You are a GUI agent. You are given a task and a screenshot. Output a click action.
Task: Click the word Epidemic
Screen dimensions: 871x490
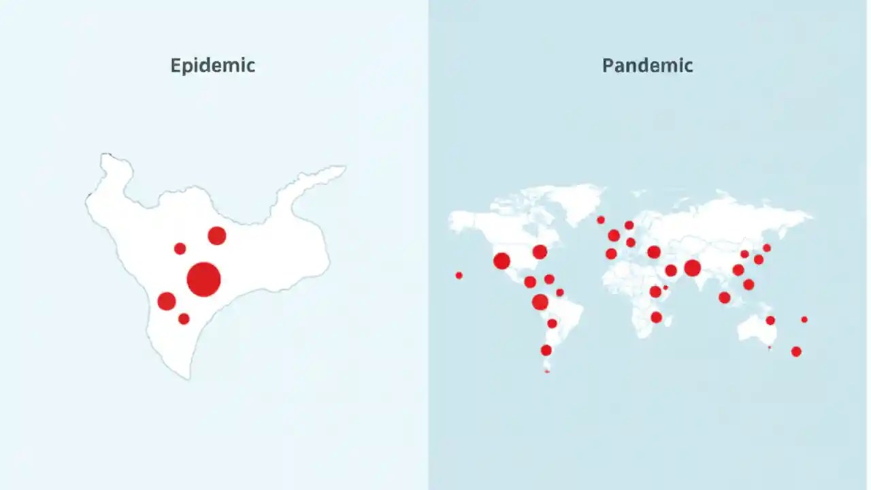coord(213,66)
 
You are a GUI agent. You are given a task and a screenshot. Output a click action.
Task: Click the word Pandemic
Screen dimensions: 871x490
coord(647,66)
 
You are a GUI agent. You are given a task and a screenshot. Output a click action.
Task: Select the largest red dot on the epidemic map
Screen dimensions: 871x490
coord(203,279)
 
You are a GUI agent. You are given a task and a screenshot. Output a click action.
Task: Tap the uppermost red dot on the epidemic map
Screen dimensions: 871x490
coord(216,235)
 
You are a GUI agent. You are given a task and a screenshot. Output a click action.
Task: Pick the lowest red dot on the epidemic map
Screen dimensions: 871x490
coord(184,318)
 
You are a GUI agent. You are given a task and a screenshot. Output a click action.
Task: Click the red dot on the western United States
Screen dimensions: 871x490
coord(502,261)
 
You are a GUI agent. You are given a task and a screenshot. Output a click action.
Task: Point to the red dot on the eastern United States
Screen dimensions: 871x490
coord(540,252)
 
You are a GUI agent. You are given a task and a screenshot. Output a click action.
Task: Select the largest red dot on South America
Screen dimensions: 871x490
coord(540,302)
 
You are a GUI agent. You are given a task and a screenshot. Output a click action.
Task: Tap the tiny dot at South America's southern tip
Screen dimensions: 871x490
coord(547,371)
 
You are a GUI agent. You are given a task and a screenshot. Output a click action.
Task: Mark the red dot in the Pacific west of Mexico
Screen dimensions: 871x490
coord(459,276)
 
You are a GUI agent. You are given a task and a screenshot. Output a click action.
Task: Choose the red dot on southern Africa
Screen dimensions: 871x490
coord(656,317)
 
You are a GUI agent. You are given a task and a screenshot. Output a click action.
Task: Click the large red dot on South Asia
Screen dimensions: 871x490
coord(692,267)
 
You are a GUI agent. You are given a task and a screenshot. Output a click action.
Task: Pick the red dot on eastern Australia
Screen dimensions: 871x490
coord(770,321)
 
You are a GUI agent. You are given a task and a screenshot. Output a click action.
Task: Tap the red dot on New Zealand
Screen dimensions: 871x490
coord(796,351)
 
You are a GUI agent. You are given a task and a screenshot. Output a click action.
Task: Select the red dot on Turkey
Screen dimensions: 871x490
coord(654,252)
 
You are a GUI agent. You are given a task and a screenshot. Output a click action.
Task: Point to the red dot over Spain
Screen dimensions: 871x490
coord(611,254)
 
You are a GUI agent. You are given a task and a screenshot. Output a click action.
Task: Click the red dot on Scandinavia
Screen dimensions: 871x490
coord(629,225)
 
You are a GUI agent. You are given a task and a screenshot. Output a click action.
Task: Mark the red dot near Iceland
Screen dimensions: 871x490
coord(601,220)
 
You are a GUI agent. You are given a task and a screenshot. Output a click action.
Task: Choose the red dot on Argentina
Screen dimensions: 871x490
coord(546,350)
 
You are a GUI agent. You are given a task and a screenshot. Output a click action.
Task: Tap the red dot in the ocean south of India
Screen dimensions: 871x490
coord(725,297)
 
